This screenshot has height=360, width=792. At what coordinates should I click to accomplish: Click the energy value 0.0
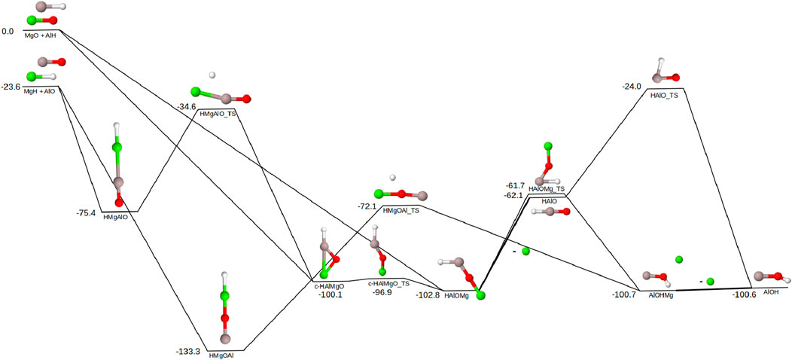click(8, 32)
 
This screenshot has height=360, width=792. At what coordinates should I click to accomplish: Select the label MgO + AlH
click(41, 35)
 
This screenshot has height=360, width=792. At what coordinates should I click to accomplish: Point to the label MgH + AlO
click(41, 91)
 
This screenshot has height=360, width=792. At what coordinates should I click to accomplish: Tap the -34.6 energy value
click(186, 107)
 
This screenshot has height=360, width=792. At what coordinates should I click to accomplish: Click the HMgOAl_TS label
click(401, 211)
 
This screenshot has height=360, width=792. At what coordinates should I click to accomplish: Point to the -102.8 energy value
click(428, 295)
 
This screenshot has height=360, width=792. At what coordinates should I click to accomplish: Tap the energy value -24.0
click(631, 87)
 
